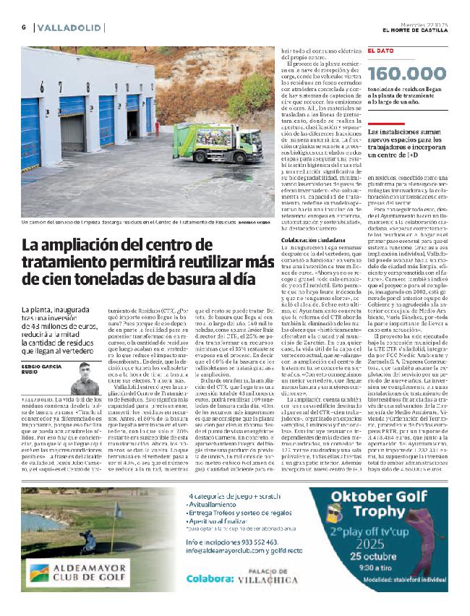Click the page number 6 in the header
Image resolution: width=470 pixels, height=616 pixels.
click(x=24, y=27)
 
